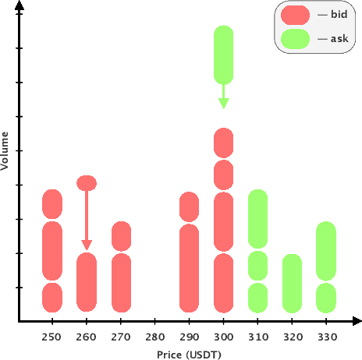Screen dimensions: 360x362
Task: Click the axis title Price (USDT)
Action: click(x=189, y=354)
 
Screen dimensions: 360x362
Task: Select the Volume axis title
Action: click(x=6, y=151)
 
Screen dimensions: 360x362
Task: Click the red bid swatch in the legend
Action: click(x=296, y=15)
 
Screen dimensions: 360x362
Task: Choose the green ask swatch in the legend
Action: click(x=296, y=38)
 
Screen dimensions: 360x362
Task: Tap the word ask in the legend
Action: click(x=340, y=38)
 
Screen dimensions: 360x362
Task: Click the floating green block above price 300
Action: click(x=224, y=55)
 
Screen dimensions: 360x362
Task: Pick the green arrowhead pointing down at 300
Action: click(x=224, y=103)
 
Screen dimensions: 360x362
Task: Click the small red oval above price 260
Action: click(x=87, y=183)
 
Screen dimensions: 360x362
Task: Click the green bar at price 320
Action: click(x=292, y=283)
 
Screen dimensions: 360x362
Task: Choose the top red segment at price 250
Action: click(x=52, y=203)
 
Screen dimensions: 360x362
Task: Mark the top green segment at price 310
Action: click(x=258, y=219)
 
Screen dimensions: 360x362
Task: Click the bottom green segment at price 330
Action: click(x=326, y=297)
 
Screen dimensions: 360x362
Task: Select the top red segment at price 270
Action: click(x=121, y=236)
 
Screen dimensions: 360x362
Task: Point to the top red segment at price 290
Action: click(x=190, y=206)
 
